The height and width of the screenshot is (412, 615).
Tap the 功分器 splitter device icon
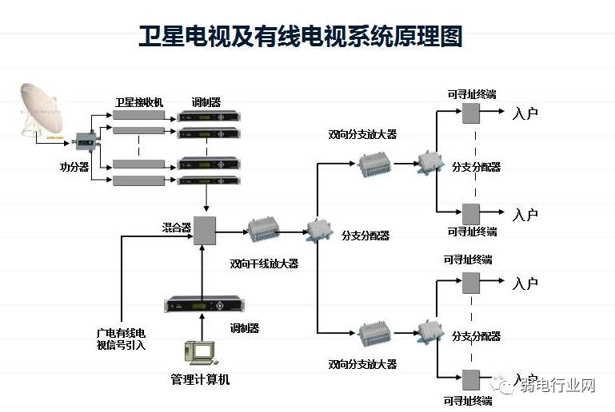(x=83, y=141)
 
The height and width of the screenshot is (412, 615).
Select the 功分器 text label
(x=74, y=167)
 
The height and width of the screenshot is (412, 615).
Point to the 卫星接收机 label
(x=139, y=102)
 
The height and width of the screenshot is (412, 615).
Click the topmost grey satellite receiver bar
(x=139, y=116)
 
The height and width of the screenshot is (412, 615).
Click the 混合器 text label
(x=177, y=228)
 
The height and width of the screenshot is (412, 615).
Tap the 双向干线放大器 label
(x=264, y=263)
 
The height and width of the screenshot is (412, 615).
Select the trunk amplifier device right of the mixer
(x=263, y=231)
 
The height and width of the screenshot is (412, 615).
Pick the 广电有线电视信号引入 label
(x=121, y=339)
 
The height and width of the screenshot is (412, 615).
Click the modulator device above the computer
(x=204, y=304)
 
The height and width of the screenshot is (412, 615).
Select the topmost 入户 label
(x=525, y=113)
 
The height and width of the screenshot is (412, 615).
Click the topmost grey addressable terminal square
(x=469, y=112)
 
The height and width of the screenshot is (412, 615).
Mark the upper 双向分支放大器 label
(x=362, y=134)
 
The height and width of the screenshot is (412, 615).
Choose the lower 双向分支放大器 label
(x=362, y=364)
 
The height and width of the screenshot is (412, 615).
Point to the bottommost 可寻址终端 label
(x=469, y=401)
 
